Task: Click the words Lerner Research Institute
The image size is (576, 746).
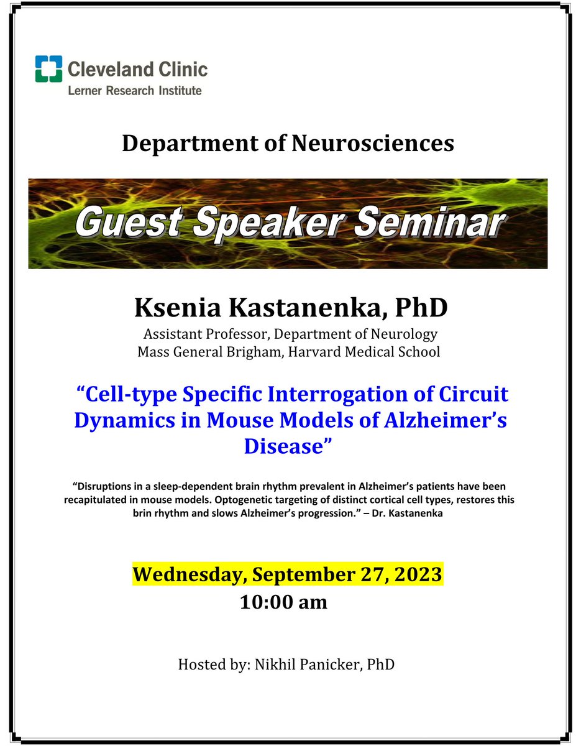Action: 135,91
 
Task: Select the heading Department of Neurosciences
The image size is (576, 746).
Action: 288,144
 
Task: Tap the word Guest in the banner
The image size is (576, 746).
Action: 121,223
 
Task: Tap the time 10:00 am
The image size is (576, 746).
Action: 283,602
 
